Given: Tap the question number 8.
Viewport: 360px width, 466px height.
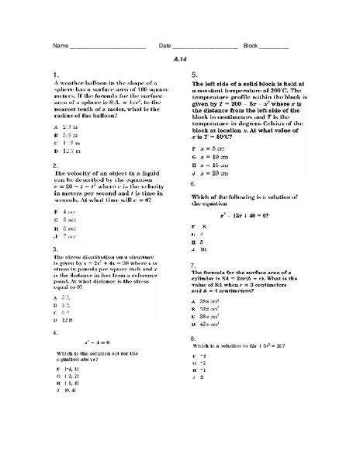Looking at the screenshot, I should coord(192,339).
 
